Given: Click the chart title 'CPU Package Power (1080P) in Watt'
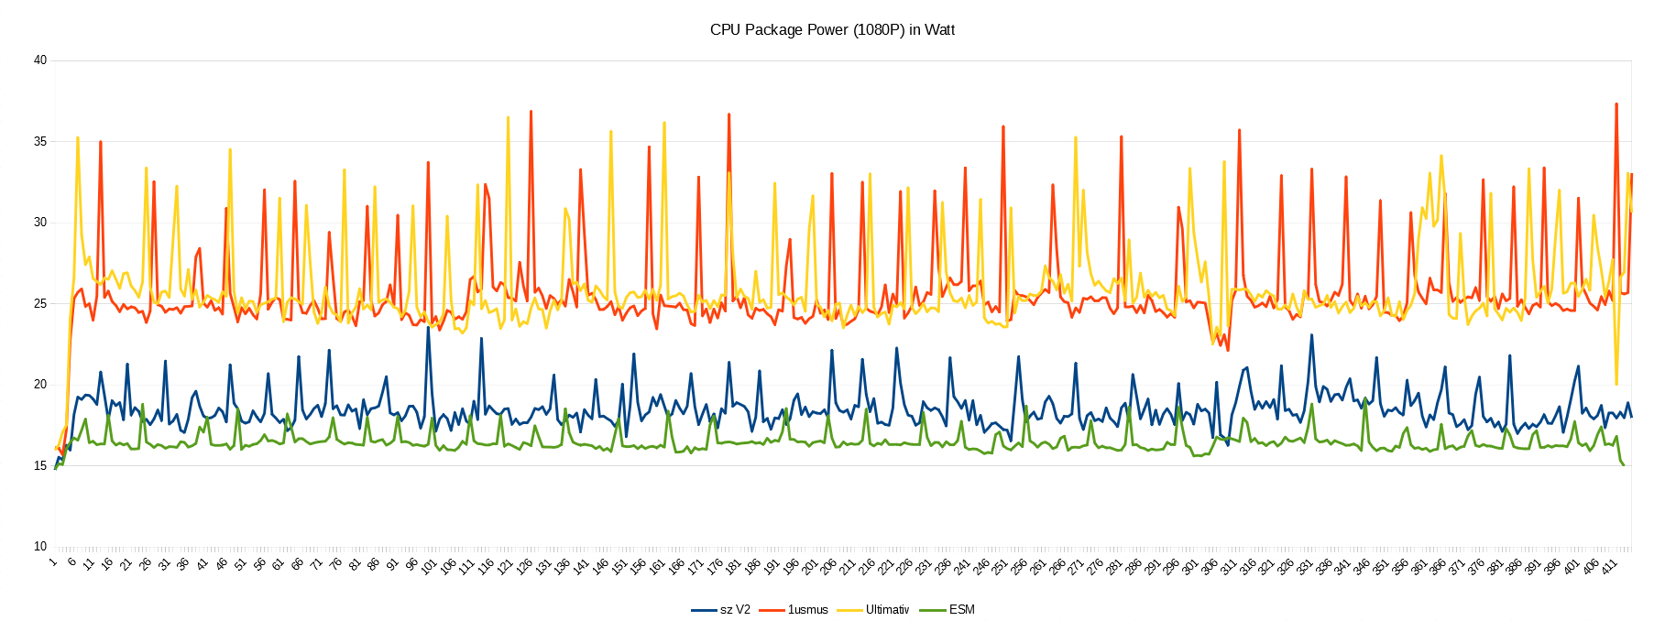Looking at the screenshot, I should tap(832, 30).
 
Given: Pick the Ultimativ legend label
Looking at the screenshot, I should tap(886, 609).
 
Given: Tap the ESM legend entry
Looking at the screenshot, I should tap(961, 609).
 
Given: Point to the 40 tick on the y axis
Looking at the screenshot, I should tap(39, 60).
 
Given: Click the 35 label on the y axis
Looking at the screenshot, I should tap(39, 141).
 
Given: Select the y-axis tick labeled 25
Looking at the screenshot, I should tap(39, 303).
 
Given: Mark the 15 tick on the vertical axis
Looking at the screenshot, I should tap(39, 465).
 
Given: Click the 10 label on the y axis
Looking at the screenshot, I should tap(39, 546).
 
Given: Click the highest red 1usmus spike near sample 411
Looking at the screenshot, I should tap(1616, 103).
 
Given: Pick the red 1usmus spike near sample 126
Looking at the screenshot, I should tap(531, 111).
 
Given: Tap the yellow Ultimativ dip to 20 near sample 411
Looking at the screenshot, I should tap(1616, 384).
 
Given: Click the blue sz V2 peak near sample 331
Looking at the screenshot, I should tap(1312, 335).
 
